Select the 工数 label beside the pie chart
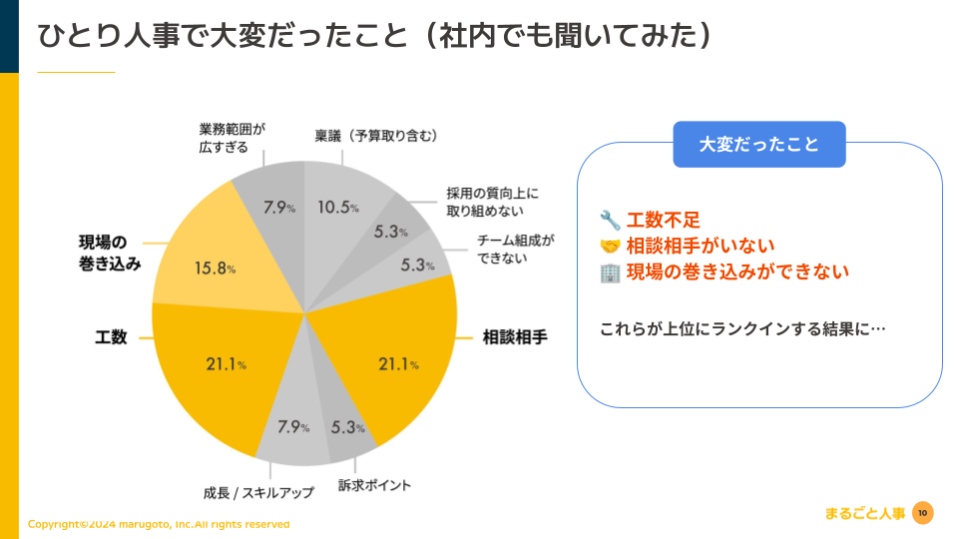[111, 337]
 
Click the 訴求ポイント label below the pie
[374, 485]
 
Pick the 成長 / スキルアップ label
[257, 492]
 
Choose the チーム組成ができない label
[515, 250]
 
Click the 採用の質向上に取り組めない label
[491, 202]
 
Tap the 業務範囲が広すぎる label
[232, 138]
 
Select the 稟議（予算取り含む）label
[376, 135]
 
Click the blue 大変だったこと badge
[758, 144]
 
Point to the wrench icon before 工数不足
[610, 220]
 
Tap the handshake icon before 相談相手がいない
[610, 246]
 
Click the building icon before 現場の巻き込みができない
[610, 271]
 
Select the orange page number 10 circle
[922, 513]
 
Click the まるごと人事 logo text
[865, 514]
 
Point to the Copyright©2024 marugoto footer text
[159, 524]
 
